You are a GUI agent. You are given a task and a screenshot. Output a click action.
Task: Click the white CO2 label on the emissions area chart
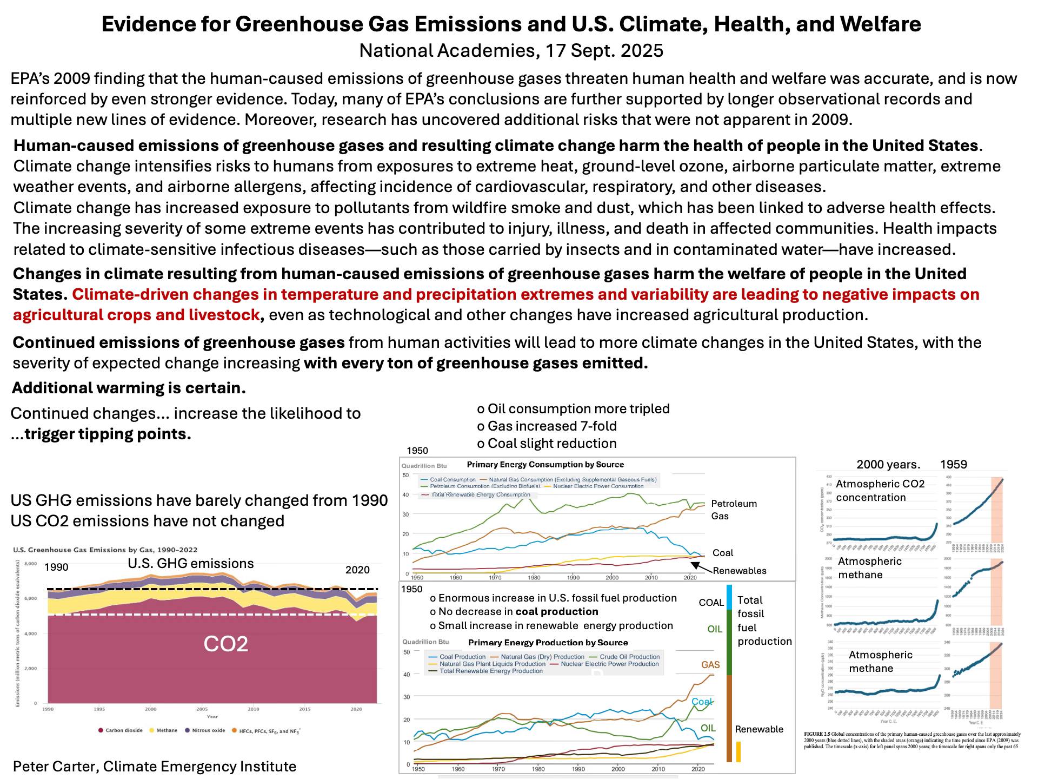[225, 644]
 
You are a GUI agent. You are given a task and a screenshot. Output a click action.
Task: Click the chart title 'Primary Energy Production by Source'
[548, 643]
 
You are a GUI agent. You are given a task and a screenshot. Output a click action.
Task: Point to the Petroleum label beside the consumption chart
[734, 504]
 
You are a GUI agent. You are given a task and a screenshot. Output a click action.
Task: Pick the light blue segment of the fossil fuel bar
[729, 597]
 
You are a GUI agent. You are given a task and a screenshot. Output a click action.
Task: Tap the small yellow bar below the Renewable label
[738, 752]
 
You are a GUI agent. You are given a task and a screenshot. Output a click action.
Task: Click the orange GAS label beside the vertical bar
[710, 665]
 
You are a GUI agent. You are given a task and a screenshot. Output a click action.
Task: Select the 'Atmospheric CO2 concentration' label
[880, 491]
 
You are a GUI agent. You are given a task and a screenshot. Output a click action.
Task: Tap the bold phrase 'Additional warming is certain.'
[129, 388]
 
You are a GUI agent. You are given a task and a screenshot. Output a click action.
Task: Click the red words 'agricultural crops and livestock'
[136, 315]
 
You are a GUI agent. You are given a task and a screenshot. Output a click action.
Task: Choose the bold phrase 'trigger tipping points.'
[108, 434]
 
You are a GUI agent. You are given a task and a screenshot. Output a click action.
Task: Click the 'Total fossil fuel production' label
[764, 620]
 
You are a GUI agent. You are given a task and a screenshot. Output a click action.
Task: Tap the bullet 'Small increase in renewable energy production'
[551, 626]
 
